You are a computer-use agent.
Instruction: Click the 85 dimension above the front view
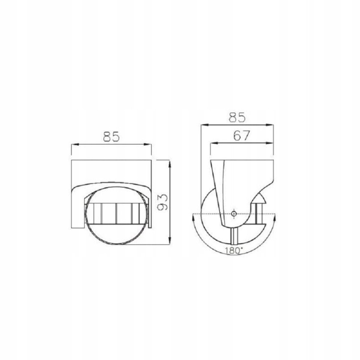111,137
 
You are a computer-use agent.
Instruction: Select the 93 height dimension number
163,202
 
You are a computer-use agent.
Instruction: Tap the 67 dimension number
241,136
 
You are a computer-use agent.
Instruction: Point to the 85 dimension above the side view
237,117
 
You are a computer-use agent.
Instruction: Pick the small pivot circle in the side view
234,214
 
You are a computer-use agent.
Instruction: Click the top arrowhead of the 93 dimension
169,164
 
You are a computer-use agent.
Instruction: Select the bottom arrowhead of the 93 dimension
169,241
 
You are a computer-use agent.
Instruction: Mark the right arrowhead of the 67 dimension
270,143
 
